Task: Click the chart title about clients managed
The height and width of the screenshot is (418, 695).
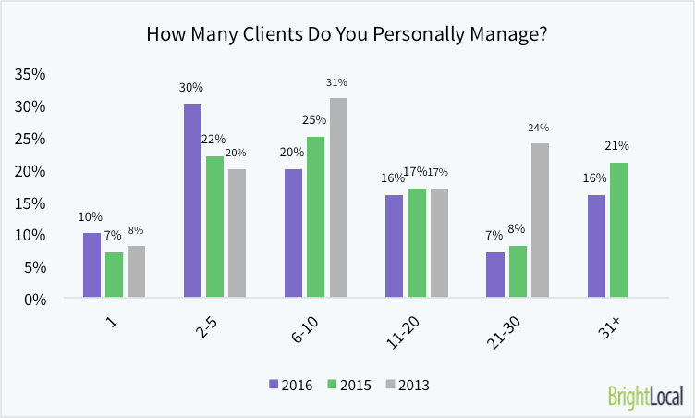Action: coord(347,34)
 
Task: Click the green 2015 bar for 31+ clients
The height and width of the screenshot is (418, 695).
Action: coord(618,230)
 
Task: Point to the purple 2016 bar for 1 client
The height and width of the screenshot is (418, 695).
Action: coord(91,265)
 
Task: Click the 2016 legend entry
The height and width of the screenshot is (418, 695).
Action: coord(293,384)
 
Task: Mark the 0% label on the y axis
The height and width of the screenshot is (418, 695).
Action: coord(35,299)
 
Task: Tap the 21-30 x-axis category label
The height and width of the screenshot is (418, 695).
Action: coord(504,334)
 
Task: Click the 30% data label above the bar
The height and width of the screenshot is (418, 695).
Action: coord(192,88)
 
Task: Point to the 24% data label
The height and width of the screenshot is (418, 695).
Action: coord(539,128)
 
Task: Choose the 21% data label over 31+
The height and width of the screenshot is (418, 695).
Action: coord(618,145)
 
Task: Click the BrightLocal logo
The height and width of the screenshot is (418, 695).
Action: coord(645,396)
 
